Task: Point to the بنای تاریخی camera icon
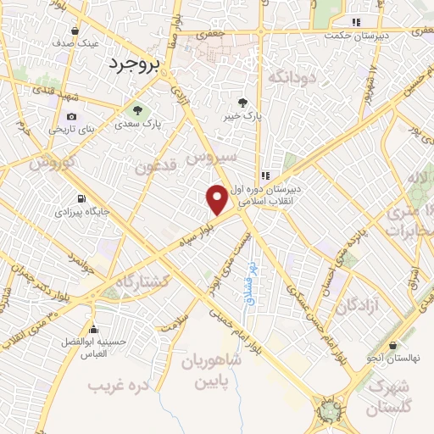pyautogui.click(x=71, y=116)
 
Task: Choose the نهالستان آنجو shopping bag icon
pyautogui.click(x=393, y=346)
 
